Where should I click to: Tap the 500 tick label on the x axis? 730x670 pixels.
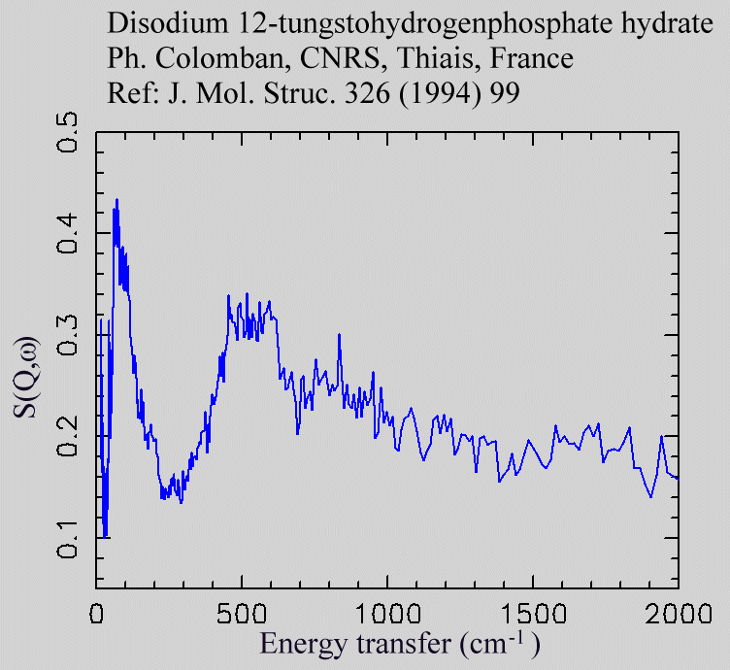pos(242,615)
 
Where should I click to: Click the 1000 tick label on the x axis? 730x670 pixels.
pos(387,615)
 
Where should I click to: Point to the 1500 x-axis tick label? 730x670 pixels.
pos(533,615)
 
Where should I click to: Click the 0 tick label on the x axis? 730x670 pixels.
pos(96,615)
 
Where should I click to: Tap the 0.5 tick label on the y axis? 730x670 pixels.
pos(68,132)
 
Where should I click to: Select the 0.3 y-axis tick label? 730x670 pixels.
pos(68,334)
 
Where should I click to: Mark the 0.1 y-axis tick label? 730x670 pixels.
pos(68,537)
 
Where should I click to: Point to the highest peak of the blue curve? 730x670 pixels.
pos(116,200)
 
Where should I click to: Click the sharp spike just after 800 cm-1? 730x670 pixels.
pos(339,335)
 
